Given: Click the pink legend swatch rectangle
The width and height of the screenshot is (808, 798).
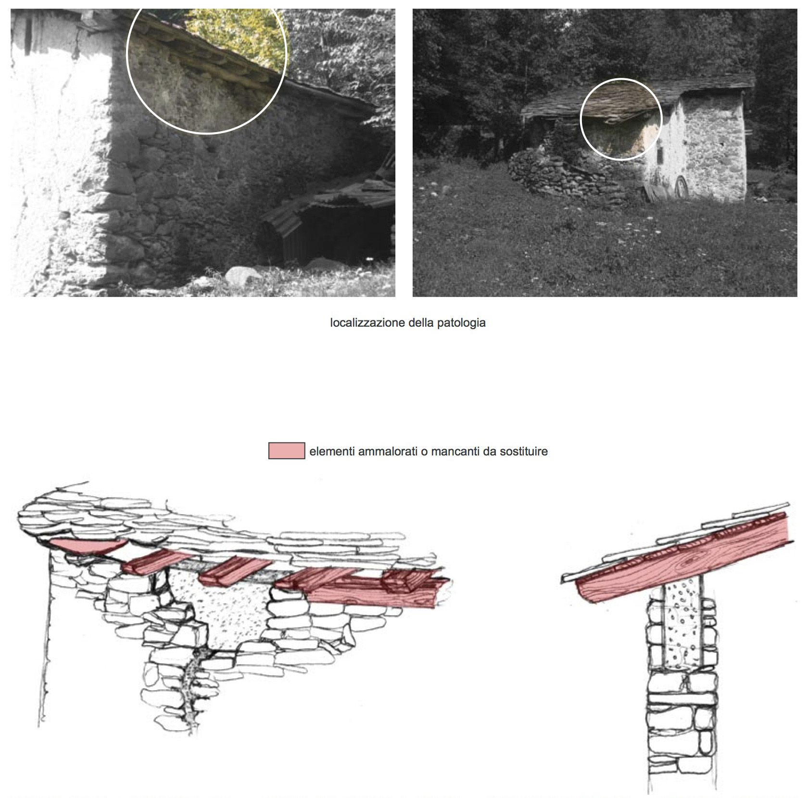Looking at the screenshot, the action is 287,451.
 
